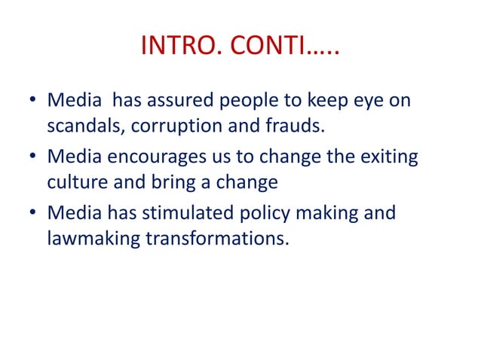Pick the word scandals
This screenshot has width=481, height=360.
click(x=84, y=125)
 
